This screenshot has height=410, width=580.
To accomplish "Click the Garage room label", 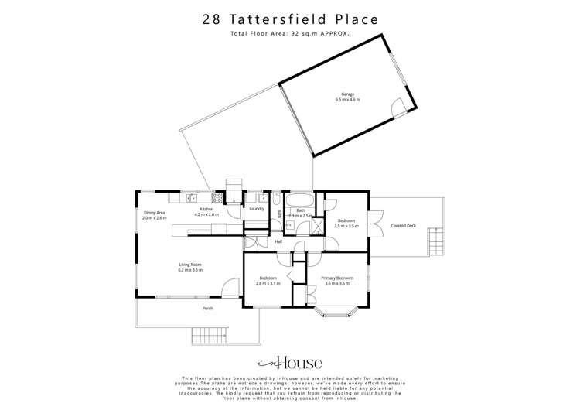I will (x=347, y=94).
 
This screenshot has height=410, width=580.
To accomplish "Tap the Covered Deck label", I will (x=403, y=226).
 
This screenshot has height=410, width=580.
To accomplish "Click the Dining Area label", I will (x=155, y=213).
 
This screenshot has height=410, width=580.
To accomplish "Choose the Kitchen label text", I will (x=206, y=210).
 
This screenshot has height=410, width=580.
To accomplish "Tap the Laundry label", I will (x=257, y=208).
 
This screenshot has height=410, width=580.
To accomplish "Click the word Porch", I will (x=207, y=309).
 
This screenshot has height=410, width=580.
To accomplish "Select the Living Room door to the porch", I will (x=230, y=287).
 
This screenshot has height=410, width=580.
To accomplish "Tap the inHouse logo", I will (x=290, y=363).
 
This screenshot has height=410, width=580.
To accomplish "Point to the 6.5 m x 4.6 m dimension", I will (x=347, y=100).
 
